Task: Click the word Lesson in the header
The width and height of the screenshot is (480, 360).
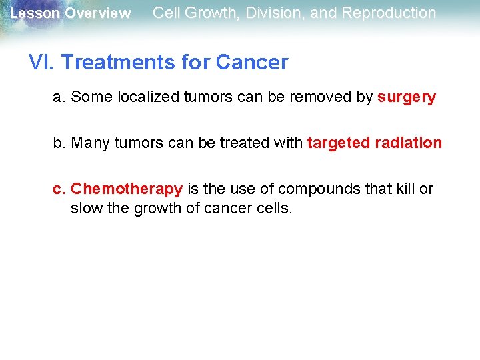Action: point(35,13)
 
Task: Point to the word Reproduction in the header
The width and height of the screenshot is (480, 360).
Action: point(389,13)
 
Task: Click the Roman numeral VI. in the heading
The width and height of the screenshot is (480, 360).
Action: point(41,63)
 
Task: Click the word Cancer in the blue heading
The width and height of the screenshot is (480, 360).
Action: point(251,63)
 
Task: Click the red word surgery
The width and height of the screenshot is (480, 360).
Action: point(406,97)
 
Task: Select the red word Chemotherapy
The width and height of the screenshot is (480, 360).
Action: point(127,189)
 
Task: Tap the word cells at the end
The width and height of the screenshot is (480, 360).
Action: point(275,208)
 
